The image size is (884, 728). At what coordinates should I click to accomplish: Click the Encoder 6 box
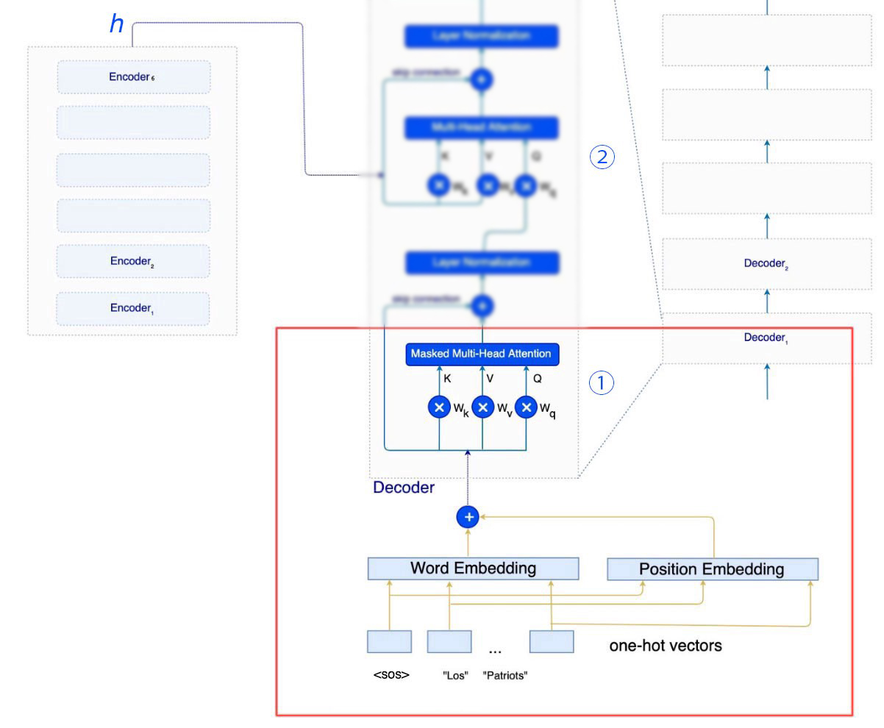133,77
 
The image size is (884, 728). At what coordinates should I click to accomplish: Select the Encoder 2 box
133,261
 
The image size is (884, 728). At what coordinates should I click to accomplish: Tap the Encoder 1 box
133,308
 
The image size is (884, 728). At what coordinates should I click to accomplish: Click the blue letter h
116,24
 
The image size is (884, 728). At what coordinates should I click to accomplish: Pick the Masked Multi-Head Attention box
481,354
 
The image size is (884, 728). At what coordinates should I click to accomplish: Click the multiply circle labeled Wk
439,407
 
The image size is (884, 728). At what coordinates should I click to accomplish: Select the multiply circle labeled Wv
482,407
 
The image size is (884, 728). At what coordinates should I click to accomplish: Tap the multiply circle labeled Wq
525,407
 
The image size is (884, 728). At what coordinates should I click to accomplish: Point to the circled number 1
602,382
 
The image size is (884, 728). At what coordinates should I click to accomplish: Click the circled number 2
602,157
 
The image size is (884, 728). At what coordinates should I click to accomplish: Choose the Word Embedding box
473,568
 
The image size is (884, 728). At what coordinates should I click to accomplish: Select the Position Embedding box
712,569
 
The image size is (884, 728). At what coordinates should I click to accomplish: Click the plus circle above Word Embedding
468,517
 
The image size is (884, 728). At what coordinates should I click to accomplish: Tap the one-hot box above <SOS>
389,641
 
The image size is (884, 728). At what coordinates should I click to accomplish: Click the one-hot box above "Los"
449,641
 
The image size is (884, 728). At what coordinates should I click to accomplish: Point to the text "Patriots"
506,676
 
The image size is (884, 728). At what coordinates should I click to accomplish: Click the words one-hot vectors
666,646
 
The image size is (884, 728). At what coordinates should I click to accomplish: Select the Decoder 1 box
766,338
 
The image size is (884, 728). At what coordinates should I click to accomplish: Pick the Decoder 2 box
767,263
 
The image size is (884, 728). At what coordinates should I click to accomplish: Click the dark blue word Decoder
404,487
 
